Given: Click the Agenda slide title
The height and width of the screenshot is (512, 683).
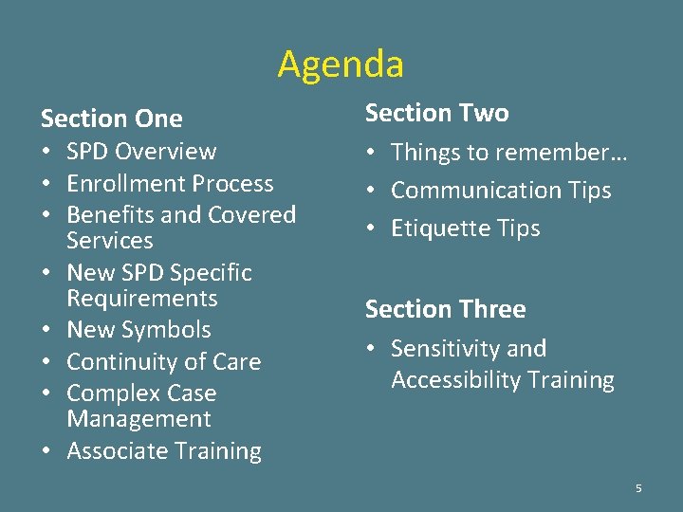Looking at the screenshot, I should click(341, 64).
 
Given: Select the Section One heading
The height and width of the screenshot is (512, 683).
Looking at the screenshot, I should click(111, 119).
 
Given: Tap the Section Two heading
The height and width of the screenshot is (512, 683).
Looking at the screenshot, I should click(436, 113).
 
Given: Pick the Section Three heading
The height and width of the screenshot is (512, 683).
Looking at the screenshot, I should click(445, 309).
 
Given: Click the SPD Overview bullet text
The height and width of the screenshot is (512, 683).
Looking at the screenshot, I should click(141, 152).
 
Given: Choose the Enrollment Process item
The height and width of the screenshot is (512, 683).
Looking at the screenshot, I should click(170, 183).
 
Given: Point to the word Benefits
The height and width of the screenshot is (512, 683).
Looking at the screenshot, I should click(106, 214).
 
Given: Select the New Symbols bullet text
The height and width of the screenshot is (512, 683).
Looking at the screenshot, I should click(138, 330).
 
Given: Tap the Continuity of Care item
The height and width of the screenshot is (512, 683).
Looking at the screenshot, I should click(163, 362).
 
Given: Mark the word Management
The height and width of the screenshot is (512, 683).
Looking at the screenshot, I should click(138, 419).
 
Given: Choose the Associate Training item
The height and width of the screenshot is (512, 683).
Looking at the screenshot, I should click(163, 451).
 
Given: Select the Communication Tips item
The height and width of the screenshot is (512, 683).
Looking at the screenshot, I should click(501, 191).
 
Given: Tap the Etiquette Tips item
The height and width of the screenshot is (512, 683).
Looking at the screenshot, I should click(465, 229).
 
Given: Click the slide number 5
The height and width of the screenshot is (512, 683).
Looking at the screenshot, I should click(638, 488).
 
